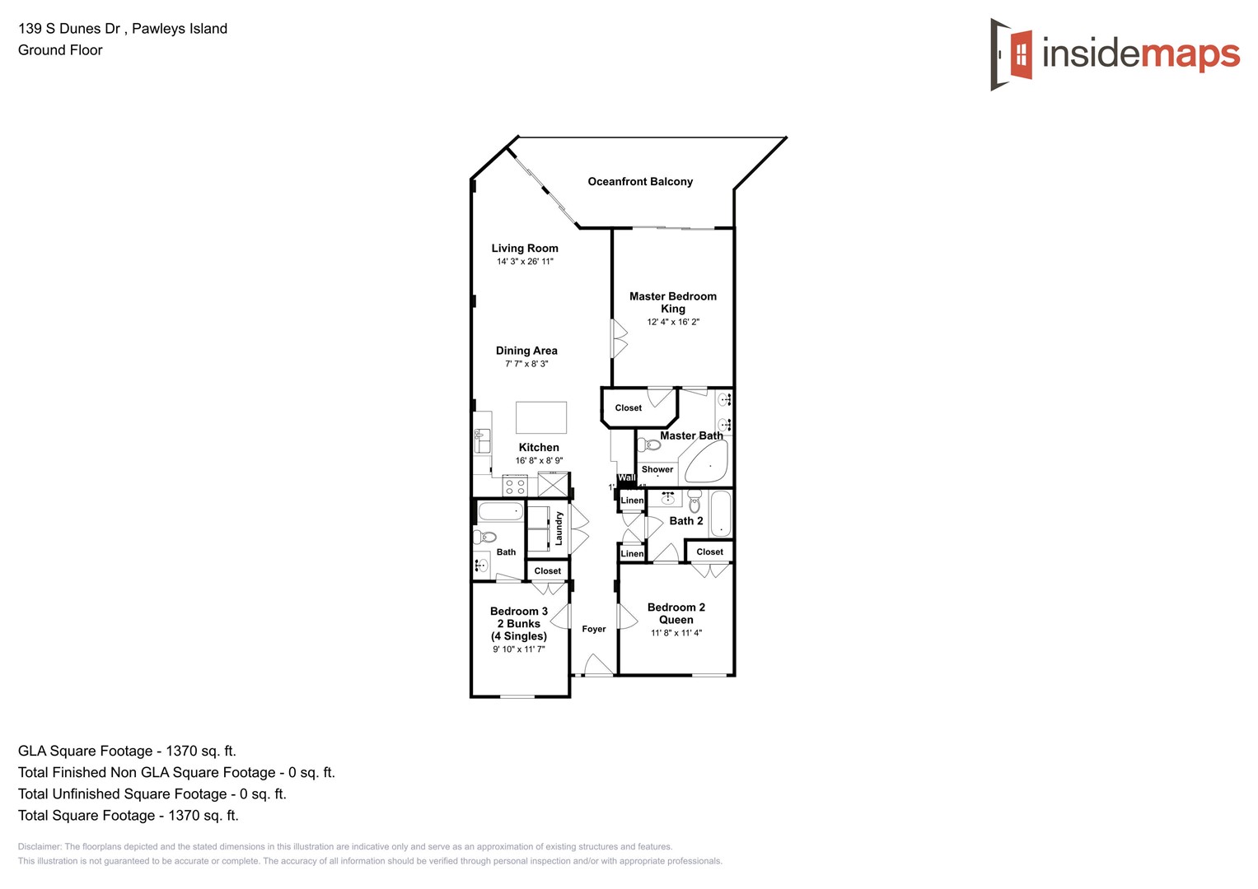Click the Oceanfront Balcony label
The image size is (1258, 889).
pos(640,182)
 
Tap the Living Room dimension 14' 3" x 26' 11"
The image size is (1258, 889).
pos(525,262)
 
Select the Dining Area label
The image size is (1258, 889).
pos(526,351)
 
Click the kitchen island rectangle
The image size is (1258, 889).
pos(541,417)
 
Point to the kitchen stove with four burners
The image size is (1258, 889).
pos(515,486)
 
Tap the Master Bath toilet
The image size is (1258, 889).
pos(649,445)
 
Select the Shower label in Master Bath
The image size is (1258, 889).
pos(657,470)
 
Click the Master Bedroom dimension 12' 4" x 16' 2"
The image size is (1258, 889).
pos(673,322)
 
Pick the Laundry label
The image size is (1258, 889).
pos(559,528)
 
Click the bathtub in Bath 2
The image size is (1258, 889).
pos(720,513)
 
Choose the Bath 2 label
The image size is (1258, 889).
pos(686,521)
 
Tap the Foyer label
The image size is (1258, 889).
pos(594,629)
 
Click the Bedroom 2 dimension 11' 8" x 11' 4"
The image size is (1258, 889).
pos(676,633)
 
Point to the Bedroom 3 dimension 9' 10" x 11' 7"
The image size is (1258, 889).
pos(519,649)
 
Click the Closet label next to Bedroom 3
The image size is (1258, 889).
pos(548,571)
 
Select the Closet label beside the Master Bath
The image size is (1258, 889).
pos(629,408)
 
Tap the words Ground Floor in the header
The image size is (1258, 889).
pos(60,50)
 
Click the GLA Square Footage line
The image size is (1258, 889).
pos(127,751)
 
